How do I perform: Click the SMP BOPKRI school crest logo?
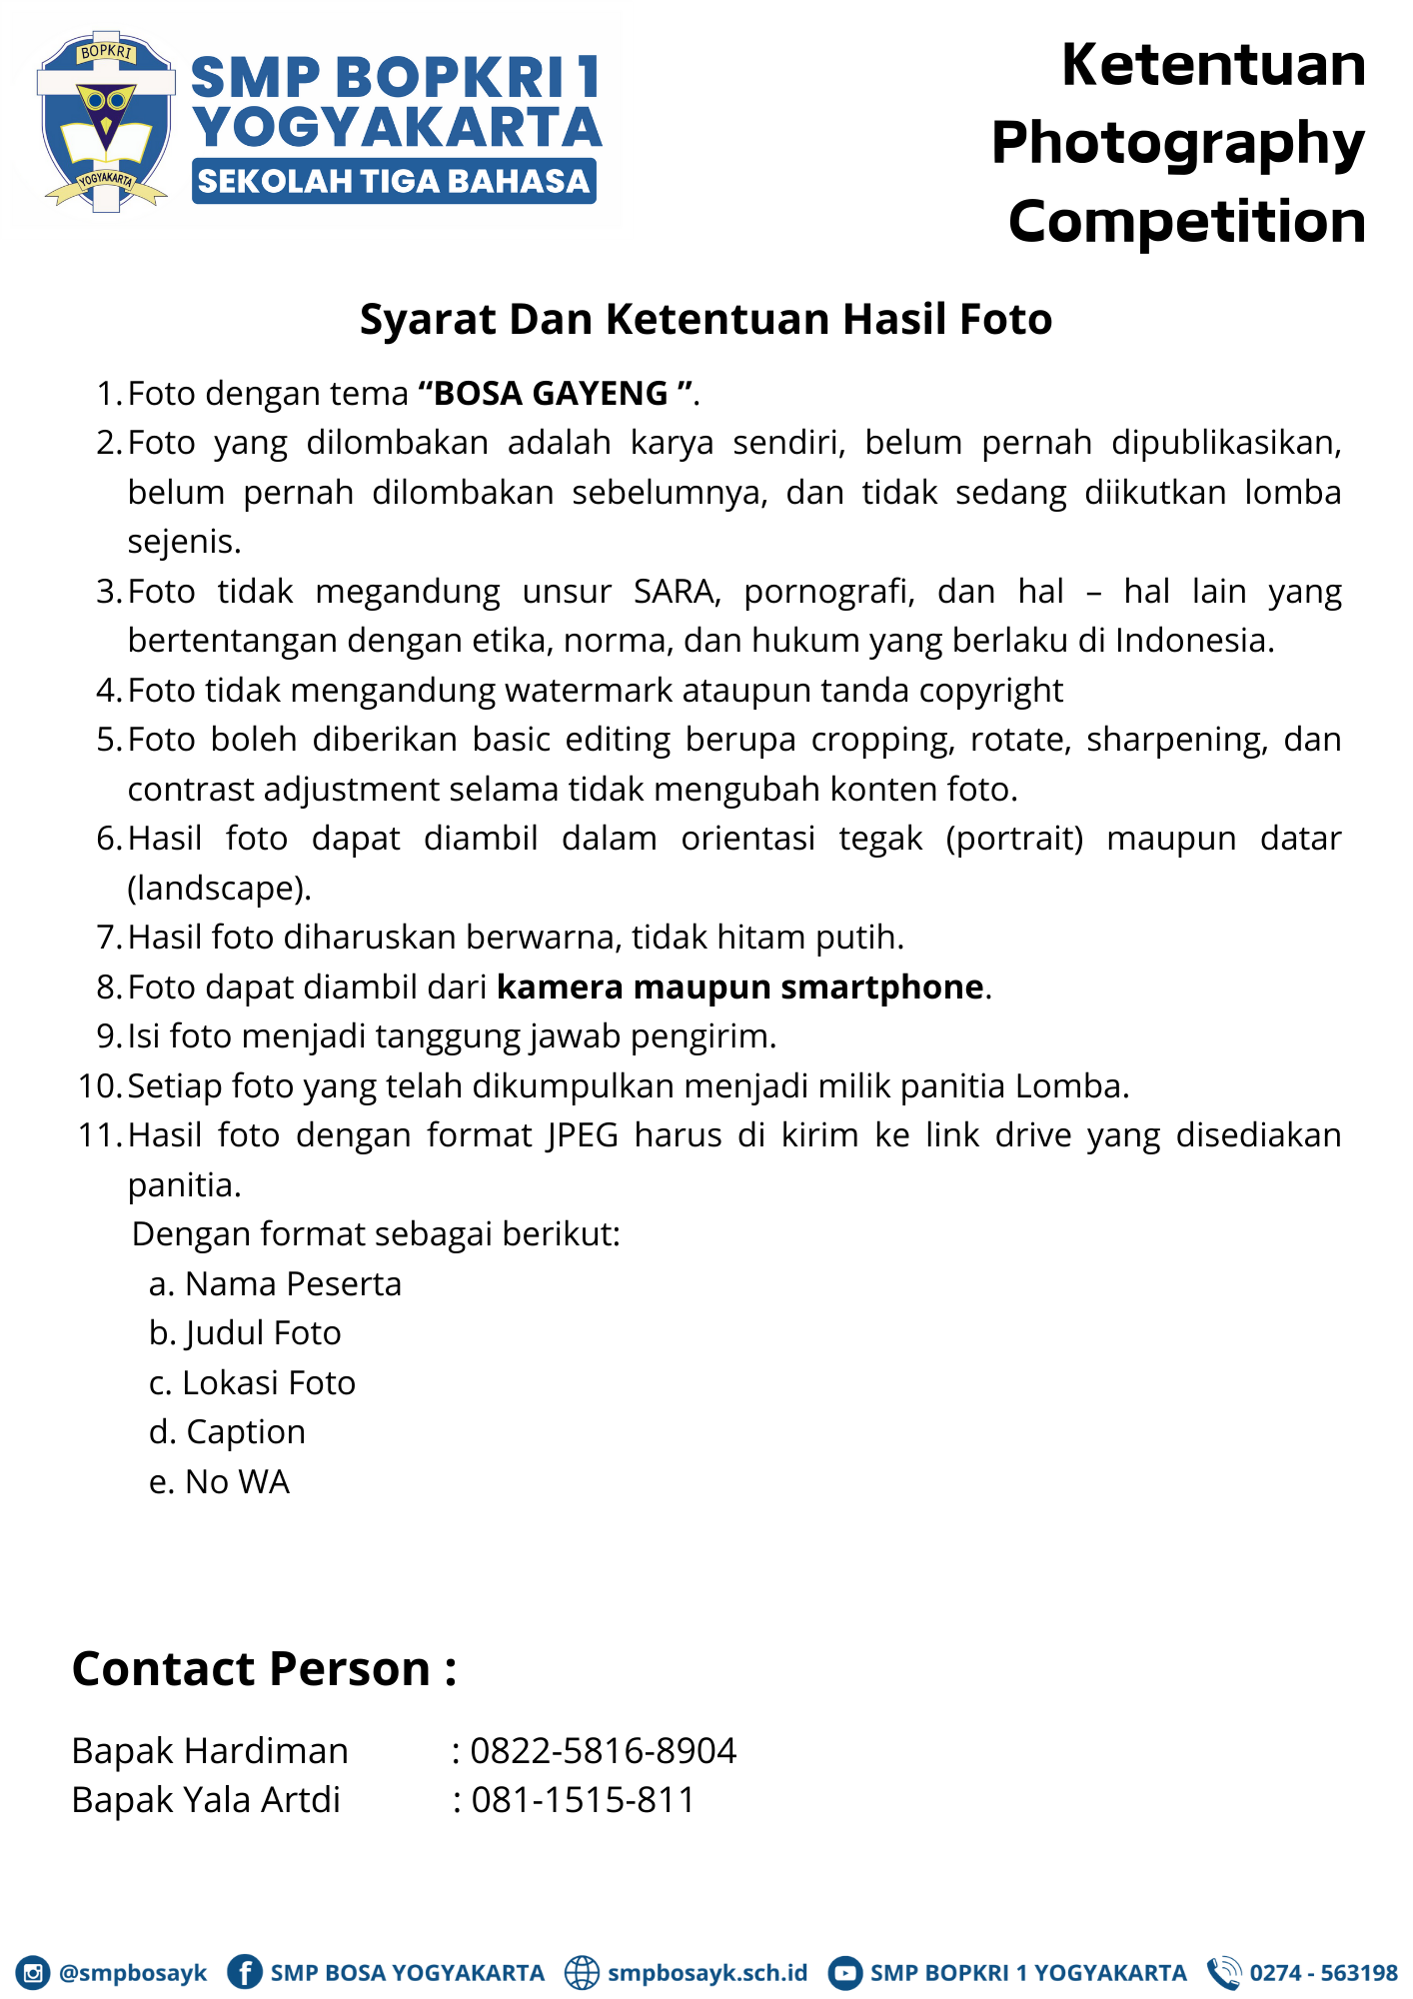[104, 121]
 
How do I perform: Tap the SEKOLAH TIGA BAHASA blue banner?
[394, 181]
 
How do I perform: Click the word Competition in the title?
[1186, 221]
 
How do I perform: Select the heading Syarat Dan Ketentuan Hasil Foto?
[706, 320]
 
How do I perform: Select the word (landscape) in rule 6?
[219, 888]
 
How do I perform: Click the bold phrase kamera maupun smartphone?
[740, 987]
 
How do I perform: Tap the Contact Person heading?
[264, 1669]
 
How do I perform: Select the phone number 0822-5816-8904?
[603, 1751]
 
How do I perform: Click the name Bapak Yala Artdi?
[206, 1800]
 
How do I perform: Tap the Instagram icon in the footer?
[33, 1973]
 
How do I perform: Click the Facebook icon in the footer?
[244, 1972]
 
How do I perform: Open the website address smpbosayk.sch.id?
[706, 1973]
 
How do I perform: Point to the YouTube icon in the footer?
[844, 1973]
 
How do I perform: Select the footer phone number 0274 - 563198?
[1322, 1973]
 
